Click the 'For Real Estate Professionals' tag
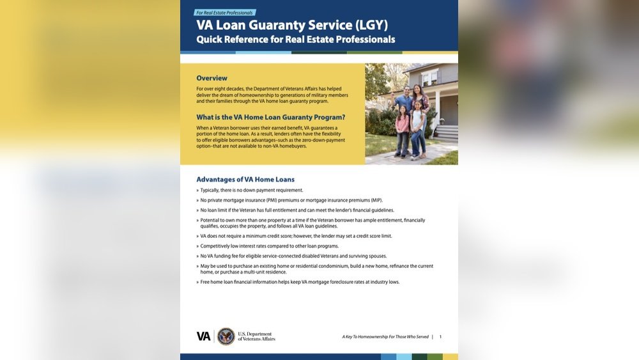(x=224, y=13)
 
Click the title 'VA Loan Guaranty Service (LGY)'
(x=292, y=26)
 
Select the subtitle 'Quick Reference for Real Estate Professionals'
(x=296, y=40)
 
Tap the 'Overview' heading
(x=212, y=78)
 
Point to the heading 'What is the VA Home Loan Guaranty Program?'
(x=271, y=117)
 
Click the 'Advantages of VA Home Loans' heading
(x=245, y=180)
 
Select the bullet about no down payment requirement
(x=251, y=190)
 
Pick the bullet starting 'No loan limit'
(x=297, y=210)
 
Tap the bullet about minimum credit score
(x=296, y=236)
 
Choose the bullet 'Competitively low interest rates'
(x=269, y=246)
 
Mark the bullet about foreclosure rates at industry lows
(x=300, y=282)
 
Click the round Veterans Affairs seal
(x=226, y=336)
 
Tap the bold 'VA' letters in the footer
(x=203, y=336)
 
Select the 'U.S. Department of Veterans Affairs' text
(x=256, y=336)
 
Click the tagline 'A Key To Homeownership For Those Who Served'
(x=385, y=336)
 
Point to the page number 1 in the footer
(x=440, y=336)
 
